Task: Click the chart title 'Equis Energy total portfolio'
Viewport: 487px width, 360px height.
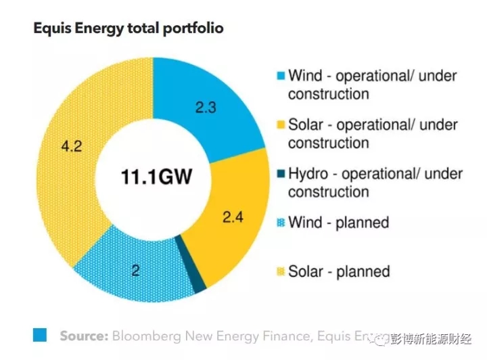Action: tap(128, 29)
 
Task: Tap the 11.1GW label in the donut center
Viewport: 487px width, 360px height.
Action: tap(156, 178)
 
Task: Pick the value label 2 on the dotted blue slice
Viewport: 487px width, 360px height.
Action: tap(135, 271)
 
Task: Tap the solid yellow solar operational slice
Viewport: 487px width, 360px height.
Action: tap(230, 237)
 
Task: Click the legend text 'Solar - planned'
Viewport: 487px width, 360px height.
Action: tap(339, 271)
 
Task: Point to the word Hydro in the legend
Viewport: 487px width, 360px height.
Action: tap(308, 174)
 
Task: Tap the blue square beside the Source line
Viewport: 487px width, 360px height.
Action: tap(40, 334)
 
